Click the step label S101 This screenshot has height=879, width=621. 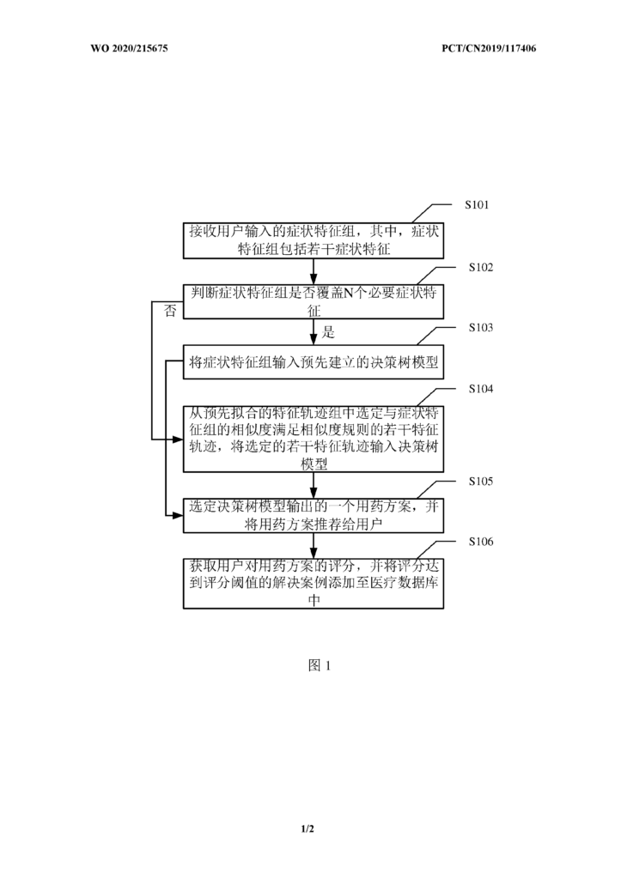point(477,204)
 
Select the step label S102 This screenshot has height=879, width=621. point(481,268)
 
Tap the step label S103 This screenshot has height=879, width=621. point(481,327)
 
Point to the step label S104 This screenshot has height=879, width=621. point(481,389)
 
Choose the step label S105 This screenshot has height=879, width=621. point(481,482)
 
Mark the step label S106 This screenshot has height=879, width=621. point(481,542)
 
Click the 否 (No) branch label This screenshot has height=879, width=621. point(170,311)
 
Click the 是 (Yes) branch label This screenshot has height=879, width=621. point(328,332)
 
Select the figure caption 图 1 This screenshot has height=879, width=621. point(320,665)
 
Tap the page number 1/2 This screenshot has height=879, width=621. point(307,828)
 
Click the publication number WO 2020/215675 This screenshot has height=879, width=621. point(129,48)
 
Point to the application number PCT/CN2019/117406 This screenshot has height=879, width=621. point(489,48)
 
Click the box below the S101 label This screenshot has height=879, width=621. point(314,241)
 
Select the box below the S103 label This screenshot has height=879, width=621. point(314,362)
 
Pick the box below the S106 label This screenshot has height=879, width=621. point(314,584)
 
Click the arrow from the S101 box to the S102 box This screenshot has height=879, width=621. point(314,272)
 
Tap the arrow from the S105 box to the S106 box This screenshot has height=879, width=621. point(314,545)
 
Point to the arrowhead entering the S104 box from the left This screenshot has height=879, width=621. point(179,439)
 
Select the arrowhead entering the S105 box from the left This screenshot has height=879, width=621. point(179,515)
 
